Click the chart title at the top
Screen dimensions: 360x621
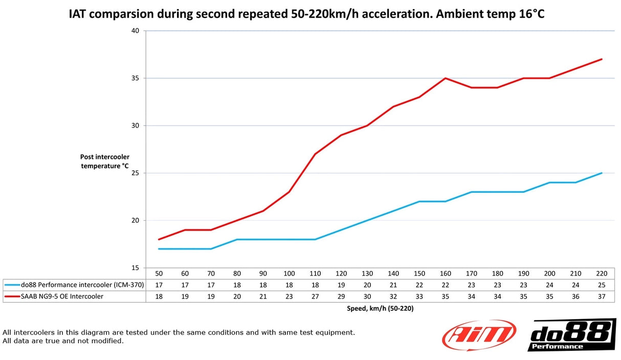click(306, 14)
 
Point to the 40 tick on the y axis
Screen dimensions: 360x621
click(135, 31)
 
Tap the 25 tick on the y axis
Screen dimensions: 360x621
click(135, 173)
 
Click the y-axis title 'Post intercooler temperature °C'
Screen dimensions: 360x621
click(104, 161)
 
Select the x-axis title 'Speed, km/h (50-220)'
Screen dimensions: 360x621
click(380, 308)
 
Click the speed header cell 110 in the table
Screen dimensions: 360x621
click(315, 274)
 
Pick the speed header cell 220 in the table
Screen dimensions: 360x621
click(601, 274)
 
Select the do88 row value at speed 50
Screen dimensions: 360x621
click(159, 285)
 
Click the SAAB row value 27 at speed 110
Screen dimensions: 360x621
click(315, 296)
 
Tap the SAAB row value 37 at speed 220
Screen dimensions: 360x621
click(601, 296)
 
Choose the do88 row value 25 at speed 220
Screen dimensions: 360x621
click(601, 285)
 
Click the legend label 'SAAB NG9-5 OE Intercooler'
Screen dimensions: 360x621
click(63, 296)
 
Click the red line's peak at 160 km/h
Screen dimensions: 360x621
click(445, 78)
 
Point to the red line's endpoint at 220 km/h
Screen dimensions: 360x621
click(602, 59)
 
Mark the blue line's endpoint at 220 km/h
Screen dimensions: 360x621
click(602, 173)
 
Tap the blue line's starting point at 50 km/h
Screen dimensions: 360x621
click(159, 249)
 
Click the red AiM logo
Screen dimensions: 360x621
click(479, 335)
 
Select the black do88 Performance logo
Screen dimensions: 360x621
click(571, 335)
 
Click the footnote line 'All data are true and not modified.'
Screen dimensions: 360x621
click(63, 341)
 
